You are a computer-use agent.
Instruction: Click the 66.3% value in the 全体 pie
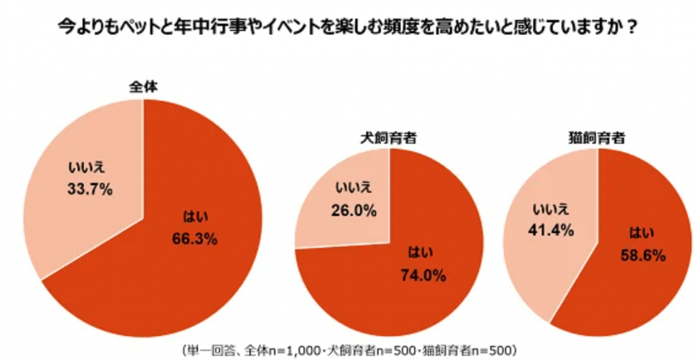point(196,239)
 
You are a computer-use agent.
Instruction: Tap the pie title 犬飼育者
point(388,136)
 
